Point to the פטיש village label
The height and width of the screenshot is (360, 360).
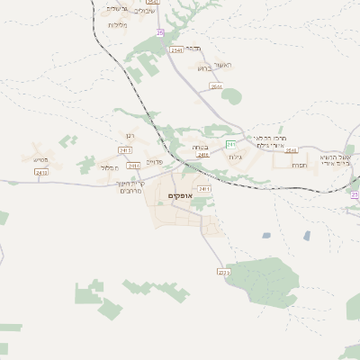tap(40, 159)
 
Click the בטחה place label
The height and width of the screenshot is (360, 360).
tap(200, 146)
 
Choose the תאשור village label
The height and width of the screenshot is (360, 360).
tap(223, 66)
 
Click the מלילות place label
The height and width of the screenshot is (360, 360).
tap(119, 25)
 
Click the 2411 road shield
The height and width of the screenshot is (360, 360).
tap(204, 188)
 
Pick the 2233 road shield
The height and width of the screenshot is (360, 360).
tap(223, 271)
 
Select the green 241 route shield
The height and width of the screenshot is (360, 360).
tap(231, 144)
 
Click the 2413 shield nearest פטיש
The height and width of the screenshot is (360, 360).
tap(40, 171)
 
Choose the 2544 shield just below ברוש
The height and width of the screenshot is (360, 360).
tap(216, 86)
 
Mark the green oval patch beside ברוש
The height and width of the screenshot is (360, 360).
tap(231, 95)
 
